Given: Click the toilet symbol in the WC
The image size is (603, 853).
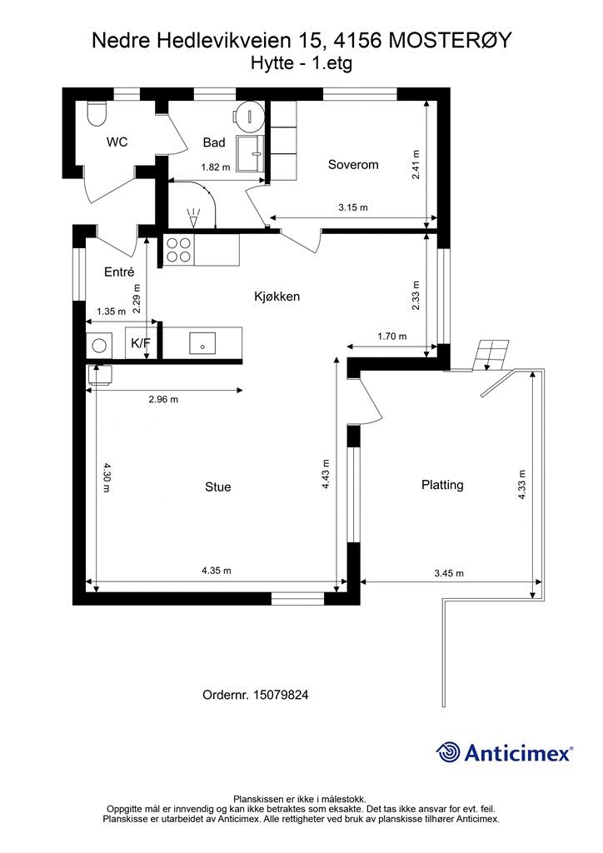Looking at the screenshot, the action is [x=97, y=113].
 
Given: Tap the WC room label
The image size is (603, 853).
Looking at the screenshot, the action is [x=117, y=142].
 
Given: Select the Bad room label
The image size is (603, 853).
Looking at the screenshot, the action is [x=214, y=142].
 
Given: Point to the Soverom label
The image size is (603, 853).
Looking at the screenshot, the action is [x=353, y=165].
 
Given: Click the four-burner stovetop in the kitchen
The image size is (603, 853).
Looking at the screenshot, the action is [x=178, y=250].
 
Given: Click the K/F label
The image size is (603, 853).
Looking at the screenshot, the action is [x=140, y=342].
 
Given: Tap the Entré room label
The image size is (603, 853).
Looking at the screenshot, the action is [x=119, y=272].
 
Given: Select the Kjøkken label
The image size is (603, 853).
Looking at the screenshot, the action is [x=277, y=297].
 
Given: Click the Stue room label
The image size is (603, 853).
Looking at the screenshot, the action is [x=218, y=486].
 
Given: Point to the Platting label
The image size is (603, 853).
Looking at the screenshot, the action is [x=442, y=485].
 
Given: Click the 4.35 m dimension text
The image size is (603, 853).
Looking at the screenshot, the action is [x=217, y=571].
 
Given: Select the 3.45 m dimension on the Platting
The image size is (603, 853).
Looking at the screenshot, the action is [x=449, y=573].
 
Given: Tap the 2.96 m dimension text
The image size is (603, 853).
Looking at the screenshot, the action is [x=164, y=399].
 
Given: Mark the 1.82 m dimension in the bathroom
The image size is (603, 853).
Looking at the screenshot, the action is [x=216, y=167].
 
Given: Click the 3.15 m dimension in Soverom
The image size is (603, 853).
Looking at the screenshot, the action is [x=353, y=207].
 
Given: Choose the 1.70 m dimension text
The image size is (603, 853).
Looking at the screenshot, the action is [x=392, y=337].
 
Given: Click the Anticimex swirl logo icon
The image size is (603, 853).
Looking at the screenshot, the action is [x=448, y=753].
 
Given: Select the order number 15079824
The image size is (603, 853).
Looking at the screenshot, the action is [x=281, y=695].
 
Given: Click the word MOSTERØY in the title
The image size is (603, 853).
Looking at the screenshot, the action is [x=451, y=41].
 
